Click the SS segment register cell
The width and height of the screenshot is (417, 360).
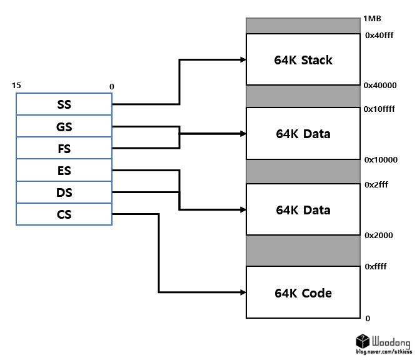[64, 104]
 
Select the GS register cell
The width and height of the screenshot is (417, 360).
[64, 127]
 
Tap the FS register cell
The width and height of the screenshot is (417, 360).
[64, 149]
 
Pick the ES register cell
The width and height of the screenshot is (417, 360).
[64, 171]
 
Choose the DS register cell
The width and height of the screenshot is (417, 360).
[64, 192]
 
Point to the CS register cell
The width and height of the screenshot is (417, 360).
[64, 214]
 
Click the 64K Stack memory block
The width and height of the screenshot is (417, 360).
[303, 60]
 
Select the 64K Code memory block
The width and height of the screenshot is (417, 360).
[303, 292]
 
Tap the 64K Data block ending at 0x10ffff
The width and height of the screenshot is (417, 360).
[303, 134]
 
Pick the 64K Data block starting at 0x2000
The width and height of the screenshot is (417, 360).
[303, 209]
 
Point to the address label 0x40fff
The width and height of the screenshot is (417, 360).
[380, 36]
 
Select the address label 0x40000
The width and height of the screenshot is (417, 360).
[380, 84]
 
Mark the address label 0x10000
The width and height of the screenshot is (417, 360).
[381, 159]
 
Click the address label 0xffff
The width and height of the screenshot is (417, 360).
[376, 267]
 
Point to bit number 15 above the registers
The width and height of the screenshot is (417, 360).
[16, 85]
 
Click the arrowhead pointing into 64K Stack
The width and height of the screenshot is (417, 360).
[242, 60]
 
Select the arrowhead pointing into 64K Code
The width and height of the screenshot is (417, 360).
[242, 292]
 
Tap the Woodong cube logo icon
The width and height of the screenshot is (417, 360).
[362, 342]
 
